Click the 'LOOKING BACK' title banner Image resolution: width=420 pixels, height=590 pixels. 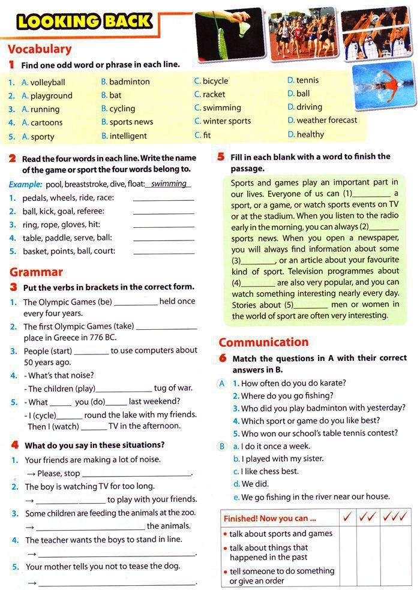[84, 22]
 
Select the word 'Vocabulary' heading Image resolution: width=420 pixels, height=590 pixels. [40, 49]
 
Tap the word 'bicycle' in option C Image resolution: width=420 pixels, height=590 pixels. [215, 81]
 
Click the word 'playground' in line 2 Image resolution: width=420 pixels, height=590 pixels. [51, 95]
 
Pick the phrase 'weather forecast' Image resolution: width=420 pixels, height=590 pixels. [326, 120]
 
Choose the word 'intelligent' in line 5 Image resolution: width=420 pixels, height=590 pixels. [128, 136]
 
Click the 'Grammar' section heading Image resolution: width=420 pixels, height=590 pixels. [36, 272]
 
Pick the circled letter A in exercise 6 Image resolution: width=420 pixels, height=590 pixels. [222, 383]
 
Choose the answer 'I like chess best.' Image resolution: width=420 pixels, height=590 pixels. [269, 471]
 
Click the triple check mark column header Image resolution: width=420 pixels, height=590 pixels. [395, 516]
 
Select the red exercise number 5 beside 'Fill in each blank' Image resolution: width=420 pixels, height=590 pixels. [221, 157]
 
